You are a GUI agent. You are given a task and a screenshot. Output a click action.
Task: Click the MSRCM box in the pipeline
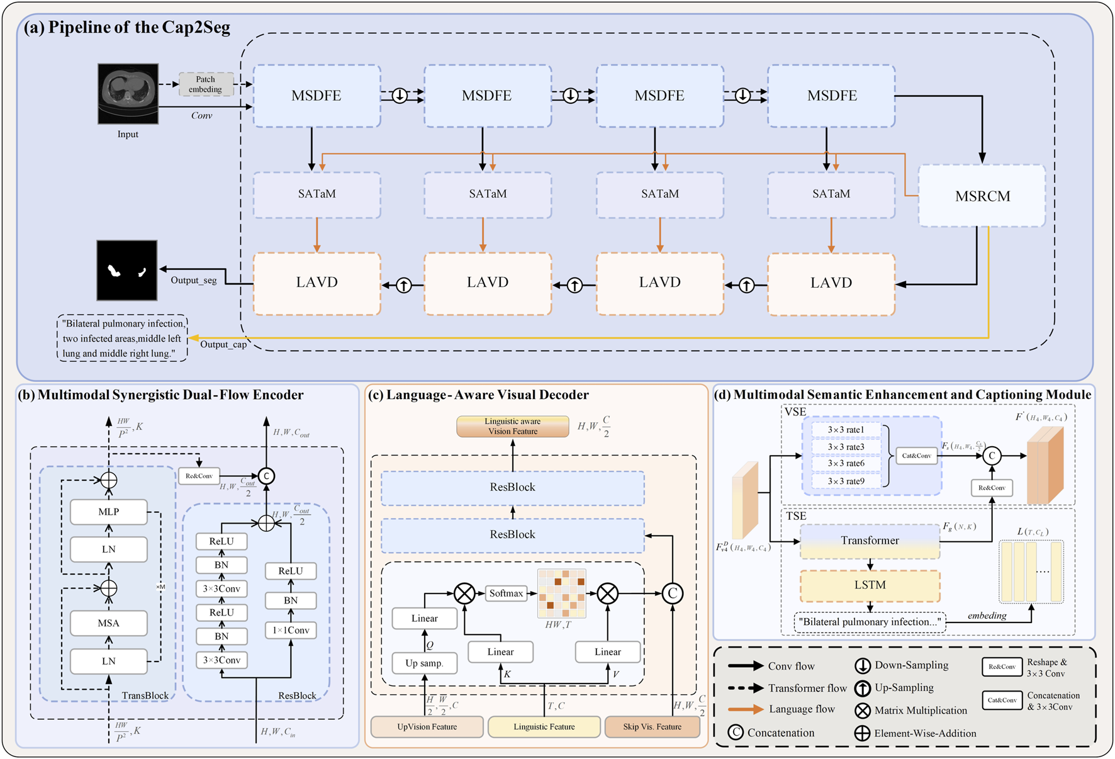pos(982,196)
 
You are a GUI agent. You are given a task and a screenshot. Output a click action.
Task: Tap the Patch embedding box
pos(206,84)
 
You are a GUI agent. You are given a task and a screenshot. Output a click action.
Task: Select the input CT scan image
pos(128,93)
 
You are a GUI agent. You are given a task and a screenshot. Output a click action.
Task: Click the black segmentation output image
pos(127,270)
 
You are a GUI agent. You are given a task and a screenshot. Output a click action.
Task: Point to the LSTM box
pos(870,585)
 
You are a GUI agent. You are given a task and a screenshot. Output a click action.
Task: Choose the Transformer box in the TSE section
pos(870,541)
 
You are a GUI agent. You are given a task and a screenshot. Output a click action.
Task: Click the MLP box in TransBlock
pos(109,512)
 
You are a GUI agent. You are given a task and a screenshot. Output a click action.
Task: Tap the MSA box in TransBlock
pos(109,623)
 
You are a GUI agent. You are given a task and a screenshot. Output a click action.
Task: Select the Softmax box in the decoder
pos(506,593)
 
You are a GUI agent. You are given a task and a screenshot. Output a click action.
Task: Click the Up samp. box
pos(425,663)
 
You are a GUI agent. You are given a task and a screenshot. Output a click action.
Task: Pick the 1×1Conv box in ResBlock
pos(291,630)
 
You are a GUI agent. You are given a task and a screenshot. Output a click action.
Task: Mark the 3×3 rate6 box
pos(846,464)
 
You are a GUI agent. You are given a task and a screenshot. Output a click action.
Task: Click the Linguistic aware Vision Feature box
pos(513,427)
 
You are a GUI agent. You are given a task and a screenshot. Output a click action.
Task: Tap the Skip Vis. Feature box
pos(652,727)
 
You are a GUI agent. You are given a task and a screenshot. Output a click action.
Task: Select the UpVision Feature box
pos(427,727)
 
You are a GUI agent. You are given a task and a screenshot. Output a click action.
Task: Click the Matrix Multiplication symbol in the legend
pos(863,711)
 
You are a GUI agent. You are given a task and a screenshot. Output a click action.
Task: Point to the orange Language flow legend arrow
pos(746,709)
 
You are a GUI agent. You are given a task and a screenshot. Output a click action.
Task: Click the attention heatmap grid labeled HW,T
pos(561,593)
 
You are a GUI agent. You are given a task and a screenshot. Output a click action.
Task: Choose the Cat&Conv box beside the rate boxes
pos(916,456)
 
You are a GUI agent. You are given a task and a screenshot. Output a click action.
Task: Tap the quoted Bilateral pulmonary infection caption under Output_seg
pos(123,339)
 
